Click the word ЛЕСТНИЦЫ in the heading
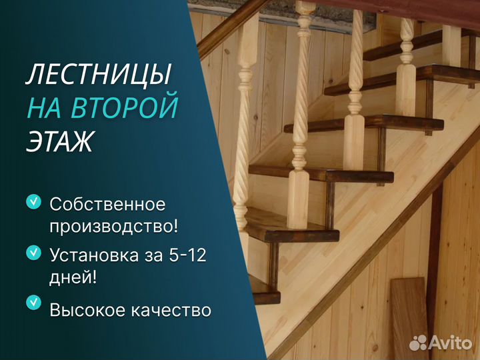point(98,75)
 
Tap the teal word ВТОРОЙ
point(125,107)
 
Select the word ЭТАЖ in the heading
point(59,141)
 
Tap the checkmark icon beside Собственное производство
point(34,202)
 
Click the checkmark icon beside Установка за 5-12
point(34,253)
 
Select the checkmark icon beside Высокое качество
point(34,303)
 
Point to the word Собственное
point(107,204)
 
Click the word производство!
point(113,227)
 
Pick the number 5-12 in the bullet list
point(187,255)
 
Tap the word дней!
point(73,278)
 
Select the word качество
point(171,310)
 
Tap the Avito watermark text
point(450,343)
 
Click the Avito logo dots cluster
point(418,343)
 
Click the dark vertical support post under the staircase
point(434,263)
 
